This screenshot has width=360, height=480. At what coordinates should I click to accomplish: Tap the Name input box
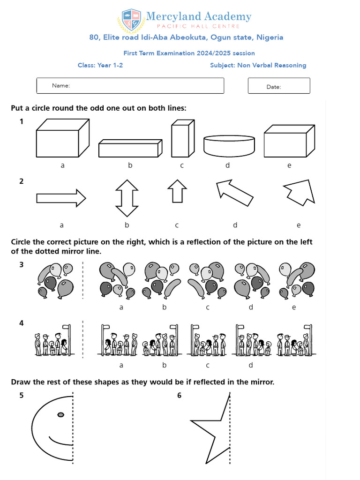click(x=130, y=85)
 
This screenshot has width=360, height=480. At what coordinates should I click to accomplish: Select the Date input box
click(x=279, y=86)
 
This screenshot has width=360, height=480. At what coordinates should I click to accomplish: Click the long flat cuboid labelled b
click(x=130, y=148)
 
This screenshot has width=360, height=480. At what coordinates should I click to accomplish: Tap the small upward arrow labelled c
click(x=177, y=192)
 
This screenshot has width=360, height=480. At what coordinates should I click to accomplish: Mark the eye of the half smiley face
click(x=60, y=414)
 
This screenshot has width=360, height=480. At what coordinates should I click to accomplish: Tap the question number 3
click(x=21, y=265)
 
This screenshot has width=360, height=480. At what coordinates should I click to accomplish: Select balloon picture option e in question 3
click(x=296, y=280)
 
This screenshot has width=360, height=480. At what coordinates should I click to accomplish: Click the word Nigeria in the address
click(x=268, y=37)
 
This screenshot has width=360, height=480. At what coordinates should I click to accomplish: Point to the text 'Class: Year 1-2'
click(x=100, y=65)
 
